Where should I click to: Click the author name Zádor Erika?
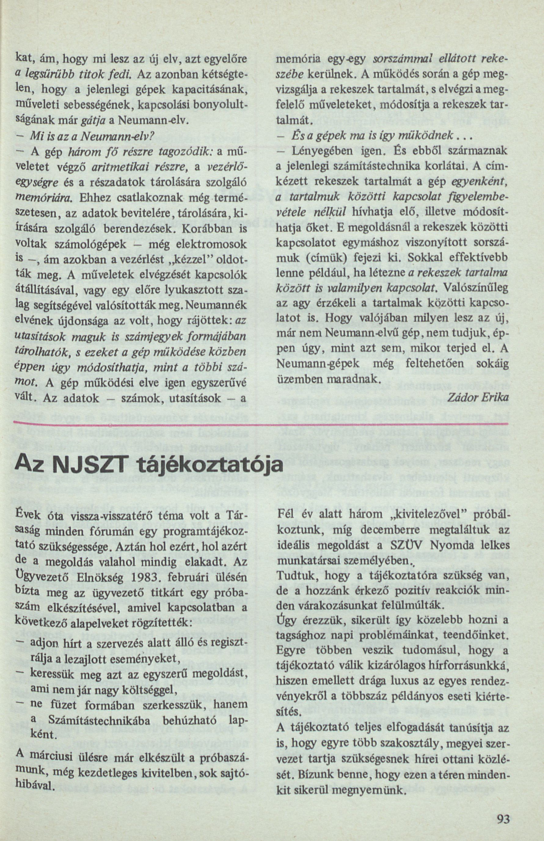478,397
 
